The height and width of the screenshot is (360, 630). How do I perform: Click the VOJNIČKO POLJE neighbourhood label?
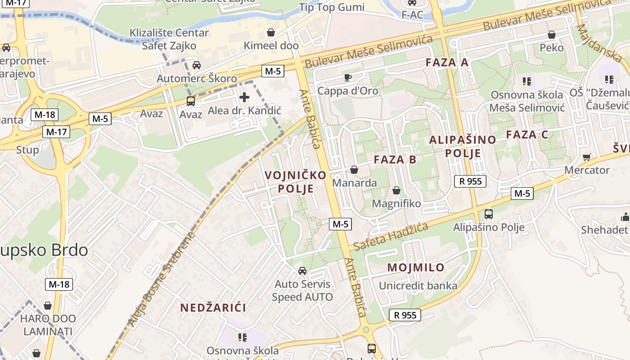click(296, 181)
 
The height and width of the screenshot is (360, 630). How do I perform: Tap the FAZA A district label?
click(447, 63)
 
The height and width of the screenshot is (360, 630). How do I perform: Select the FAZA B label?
click(395, 159)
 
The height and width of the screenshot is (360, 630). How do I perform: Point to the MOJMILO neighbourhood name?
click(416, 267)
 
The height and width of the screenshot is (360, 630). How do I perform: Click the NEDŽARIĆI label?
click(213, 308)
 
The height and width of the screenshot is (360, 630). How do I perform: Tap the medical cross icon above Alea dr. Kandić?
click(244, 97)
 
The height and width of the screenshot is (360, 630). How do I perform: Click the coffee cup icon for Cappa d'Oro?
click(347, 77)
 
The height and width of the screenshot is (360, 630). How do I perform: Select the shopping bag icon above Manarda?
click(354, 170)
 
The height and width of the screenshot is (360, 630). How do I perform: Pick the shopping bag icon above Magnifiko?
click(396, 190)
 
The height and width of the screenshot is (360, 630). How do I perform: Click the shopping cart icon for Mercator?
click(586, 157)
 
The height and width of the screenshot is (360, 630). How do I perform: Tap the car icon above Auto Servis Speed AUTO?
click(302, 270)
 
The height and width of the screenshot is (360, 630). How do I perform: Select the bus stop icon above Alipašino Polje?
click(489, 214)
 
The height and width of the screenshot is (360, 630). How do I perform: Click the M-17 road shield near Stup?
click(56, 132)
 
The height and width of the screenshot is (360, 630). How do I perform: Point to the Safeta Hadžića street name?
click(390, 237)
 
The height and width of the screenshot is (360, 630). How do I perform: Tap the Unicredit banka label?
click(418, 286)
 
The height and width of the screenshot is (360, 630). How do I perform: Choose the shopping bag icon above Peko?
click(552, 35)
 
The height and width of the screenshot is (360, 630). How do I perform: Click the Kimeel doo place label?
click(271, 45)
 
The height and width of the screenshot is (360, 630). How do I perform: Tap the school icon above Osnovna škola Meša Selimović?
click(526, 81)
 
